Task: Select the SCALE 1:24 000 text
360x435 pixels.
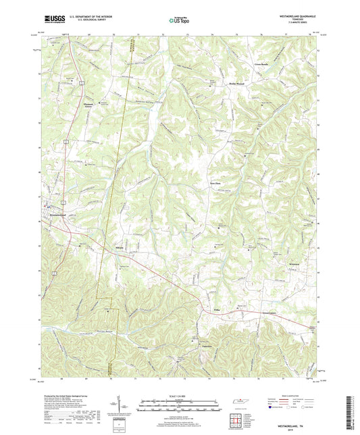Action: (179, 396)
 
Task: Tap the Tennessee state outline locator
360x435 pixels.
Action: (238, 404)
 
